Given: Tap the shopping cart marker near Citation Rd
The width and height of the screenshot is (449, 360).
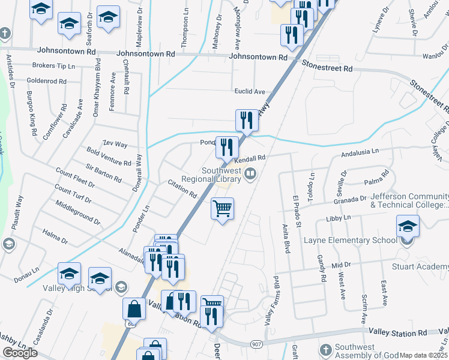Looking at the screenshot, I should click(x=222, y=209).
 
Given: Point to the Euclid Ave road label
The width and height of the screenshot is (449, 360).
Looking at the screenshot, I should click(x=250, y=92).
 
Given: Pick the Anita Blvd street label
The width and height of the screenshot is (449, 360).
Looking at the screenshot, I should click(x=286, y=239).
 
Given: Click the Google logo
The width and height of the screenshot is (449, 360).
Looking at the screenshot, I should click(x=20, y=353).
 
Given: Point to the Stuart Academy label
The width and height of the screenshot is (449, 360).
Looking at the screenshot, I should click(x=423, y=266).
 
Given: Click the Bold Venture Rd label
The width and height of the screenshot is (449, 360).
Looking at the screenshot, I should click(x=109, y=158).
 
